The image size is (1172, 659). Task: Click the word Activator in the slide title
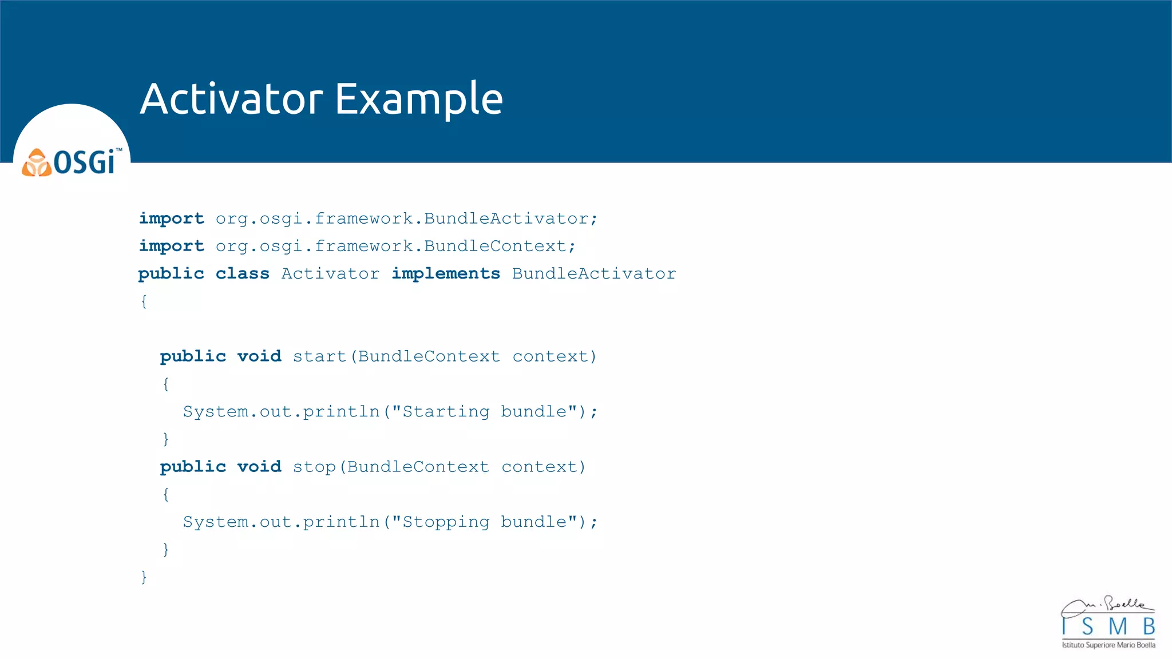[232, 99]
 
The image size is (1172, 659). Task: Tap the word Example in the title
[418, 99]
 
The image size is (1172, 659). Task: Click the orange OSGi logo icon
[37, 162]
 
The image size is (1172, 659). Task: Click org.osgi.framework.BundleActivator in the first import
[406, 219]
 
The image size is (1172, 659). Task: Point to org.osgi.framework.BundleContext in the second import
[395, 246]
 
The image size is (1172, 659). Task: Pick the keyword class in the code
[242, 273]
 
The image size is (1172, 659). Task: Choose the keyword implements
[445, 273]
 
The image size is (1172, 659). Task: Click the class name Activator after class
[330, 273]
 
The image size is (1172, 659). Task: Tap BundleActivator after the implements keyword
[594, 273]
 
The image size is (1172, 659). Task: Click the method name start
[319, 356]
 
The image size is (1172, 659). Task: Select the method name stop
[314, 467]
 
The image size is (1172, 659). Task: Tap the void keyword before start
[259, 356]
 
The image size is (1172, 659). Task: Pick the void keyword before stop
[259, 467]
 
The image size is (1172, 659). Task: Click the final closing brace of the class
[144, 577]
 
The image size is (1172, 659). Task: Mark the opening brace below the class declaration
[144, 301]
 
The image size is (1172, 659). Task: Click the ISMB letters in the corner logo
[1108, 627]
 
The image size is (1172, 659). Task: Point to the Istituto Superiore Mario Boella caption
[1108, 645]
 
